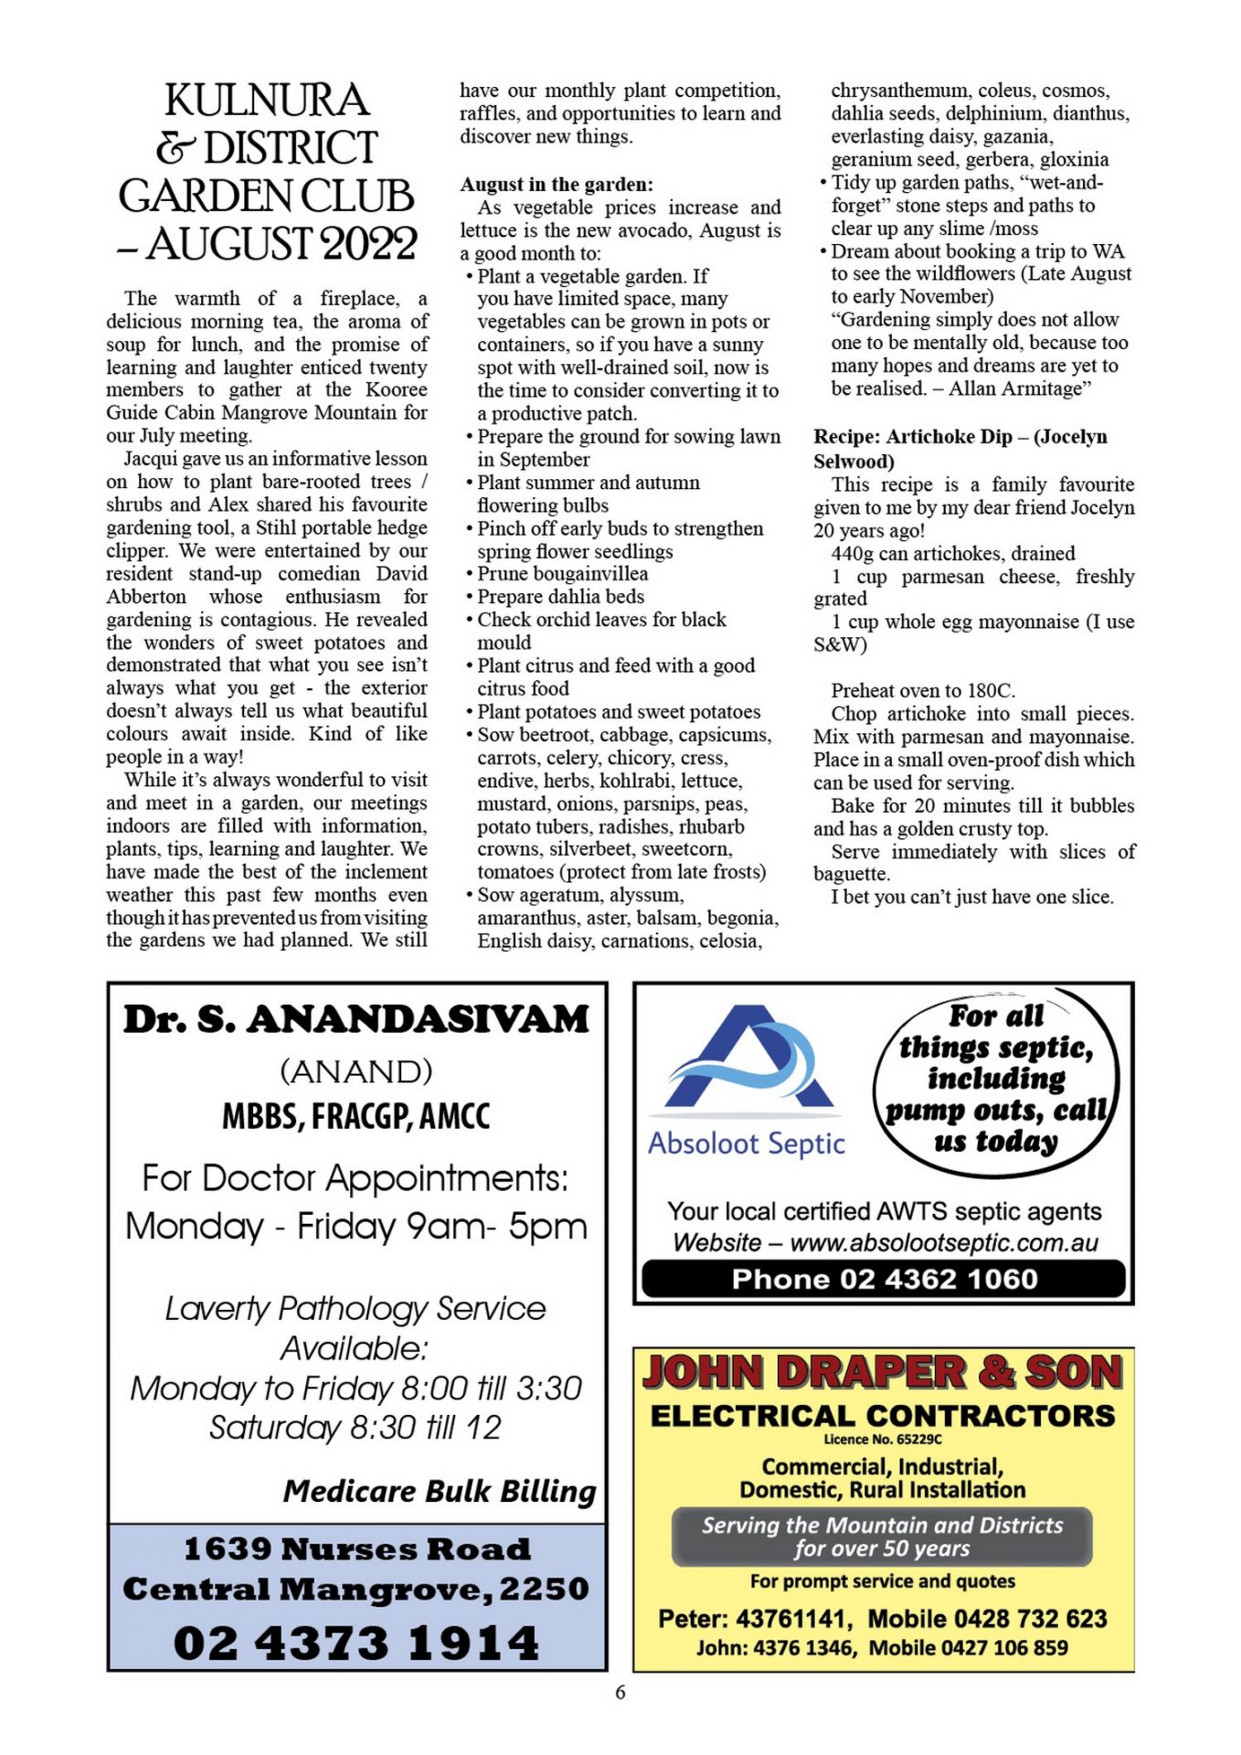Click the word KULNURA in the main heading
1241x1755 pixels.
click(267, 101)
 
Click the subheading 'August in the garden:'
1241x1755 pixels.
click(557, 184)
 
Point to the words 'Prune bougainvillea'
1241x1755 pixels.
click(562, 574)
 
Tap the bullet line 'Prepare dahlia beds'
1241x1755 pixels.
click(560, 597)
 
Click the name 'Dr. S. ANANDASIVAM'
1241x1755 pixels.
click(356, 1020)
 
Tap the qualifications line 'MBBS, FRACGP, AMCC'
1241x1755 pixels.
click(356, 1116)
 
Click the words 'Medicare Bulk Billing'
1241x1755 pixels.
click(439, 1492)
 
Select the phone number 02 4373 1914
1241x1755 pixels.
click(356, 1643)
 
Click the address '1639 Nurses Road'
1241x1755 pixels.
click(356, 1548)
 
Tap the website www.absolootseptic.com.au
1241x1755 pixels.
click(944, 1243)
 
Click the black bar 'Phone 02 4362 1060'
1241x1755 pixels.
click(884, 1279)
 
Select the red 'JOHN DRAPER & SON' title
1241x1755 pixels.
click(883, 1373)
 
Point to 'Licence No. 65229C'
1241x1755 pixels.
click(883, 1439)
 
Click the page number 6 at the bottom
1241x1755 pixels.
click(620, 1693)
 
